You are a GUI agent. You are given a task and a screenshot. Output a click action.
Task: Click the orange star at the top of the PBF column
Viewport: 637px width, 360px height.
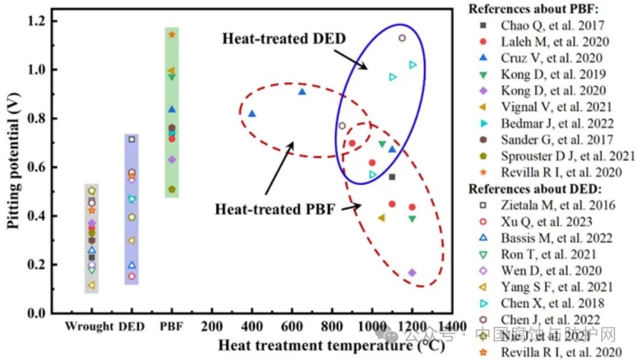(172, 34)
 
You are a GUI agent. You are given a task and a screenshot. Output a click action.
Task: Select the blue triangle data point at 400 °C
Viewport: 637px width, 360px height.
(252, 113)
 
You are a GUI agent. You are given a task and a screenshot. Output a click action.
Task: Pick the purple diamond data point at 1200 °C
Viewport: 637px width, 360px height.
(412, 273)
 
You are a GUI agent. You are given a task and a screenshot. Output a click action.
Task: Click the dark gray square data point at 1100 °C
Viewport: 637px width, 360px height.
(392, 177)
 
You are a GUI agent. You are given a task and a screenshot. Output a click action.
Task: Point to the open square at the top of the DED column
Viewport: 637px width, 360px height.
(132, 139)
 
